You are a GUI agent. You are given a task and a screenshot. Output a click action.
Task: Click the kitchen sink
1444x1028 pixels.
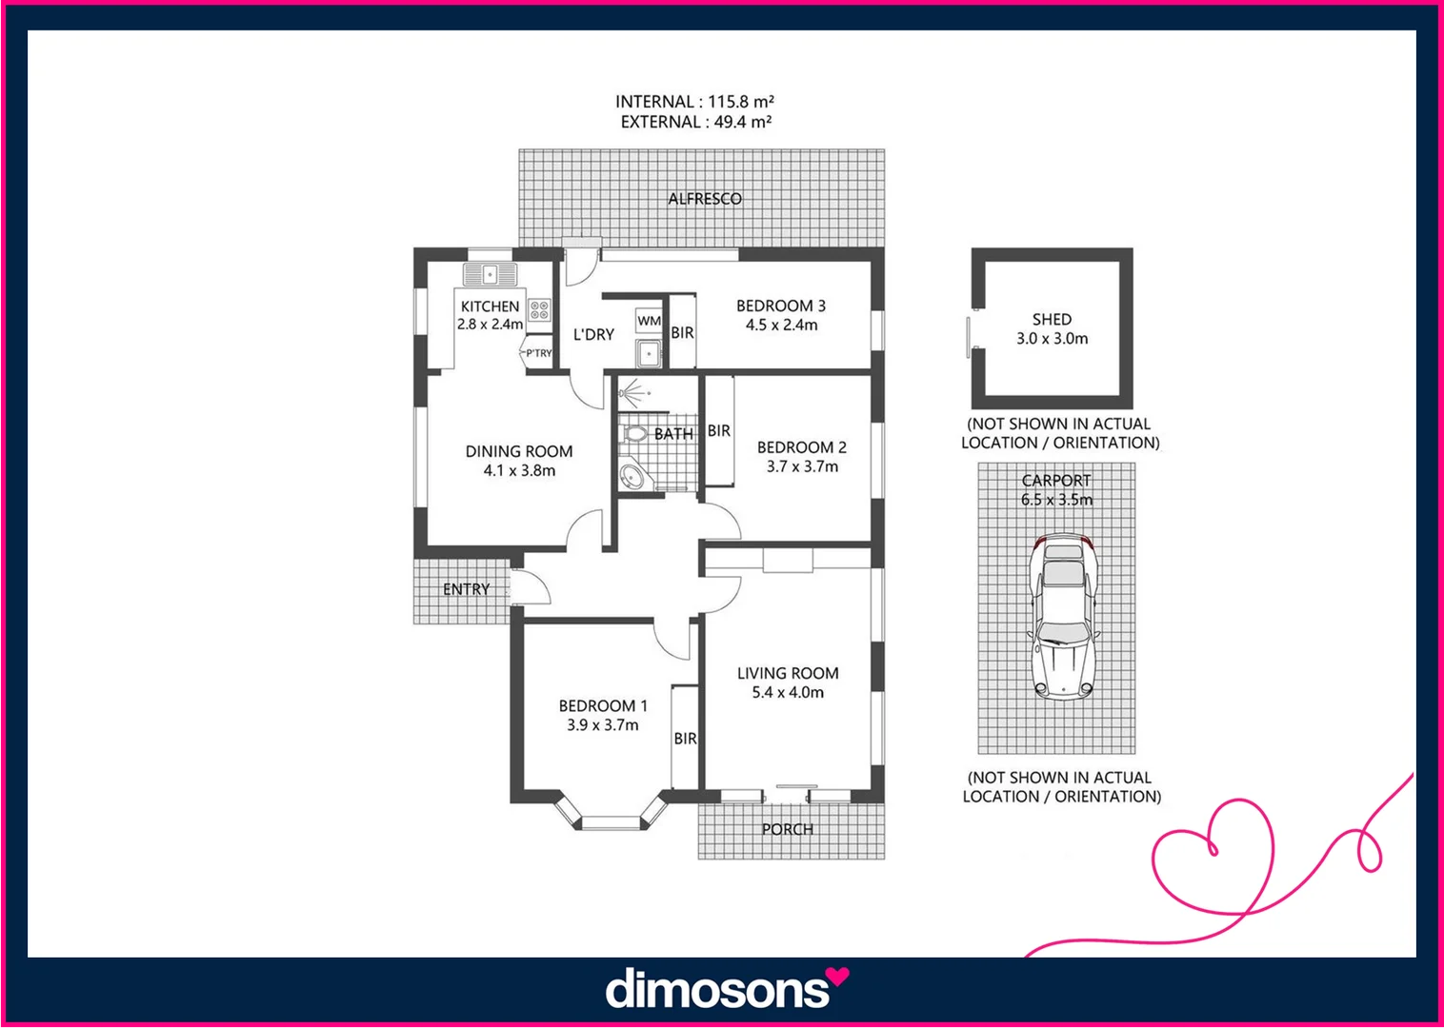click(490, 275)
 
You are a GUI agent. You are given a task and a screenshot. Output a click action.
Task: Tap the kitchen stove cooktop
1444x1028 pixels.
click(539, 309)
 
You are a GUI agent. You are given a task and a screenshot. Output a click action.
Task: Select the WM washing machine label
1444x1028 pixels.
click(649, 321)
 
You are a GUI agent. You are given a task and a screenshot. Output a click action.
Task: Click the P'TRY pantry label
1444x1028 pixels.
click(538, 353)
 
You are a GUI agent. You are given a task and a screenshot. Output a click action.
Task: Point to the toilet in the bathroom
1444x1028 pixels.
click(634, 435)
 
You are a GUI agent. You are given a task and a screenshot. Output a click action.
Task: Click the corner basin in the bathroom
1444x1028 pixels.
click(631, 477)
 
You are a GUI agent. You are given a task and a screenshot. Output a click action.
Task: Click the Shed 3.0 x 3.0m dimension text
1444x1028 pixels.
click(1052, 339)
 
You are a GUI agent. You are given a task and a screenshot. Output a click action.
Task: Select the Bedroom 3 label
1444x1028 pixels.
click(780, 306)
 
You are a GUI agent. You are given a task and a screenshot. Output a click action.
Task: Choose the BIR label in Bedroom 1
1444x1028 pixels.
click(685, 739)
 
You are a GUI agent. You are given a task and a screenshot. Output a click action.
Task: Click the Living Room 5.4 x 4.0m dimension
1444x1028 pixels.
click(788, 693)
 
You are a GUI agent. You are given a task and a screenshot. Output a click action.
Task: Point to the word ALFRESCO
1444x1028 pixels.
click(704, 199)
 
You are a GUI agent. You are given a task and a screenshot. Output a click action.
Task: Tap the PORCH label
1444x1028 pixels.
click(788, 829)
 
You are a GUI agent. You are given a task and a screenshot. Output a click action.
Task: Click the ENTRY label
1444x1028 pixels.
click(467, 590)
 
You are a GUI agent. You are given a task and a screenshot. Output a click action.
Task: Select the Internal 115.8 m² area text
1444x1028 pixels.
click(694, 102)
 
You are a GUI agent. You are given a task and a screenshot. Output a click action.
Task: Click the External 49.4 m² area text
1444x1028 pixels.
click(695, 122)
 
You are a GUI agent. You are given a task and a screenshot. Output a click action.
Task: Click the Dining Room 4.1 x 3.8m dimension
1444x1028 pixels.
click(519, 471)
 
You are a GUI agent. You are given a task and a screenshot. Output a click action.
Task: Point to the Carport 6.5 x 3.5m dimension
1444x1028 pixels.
click(1056, 500)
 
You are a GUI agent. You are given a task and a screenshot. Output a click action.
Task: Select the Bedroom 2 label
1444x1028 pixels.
click(801, 447)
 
